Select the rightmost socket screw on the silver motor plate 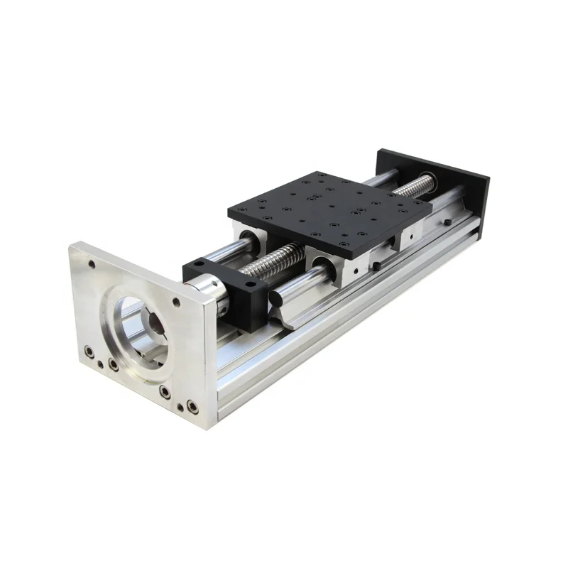pyautogui.click(x=191, y=406)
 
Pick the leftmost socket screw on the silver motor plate pyautogui.click(x=89, y=349)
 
